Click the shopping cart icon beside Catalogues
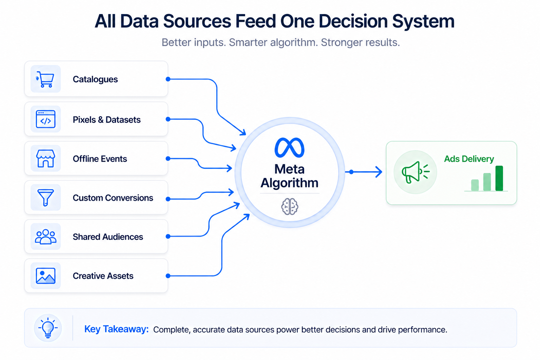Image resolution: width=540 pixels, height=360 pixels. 45,79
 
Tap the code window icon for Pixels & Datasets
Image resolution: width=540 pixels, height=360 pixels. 46,119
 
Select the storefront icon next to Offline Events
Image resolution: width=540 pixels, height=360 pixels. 46,159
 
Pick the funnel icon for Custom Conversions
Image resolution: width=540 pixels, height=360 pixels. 46,197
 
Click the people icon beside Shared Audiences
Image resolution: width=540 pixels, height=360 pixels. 46,237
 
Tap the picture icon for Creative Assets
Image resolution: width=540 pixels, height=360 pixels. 46,276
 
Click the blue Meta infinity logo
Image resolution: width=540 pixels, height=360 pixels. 289,148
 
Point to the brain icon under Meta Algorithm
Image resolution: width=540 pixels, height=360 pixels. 290,206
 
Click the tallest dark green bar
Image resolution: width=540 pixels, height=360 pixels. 499,178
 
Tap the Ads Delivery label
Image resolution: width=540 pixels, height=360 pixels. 469,159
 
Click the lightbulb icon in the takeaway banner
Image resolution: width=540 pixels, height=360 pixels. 48,328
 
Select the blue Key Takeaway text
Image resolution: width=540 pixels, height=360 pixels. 116,329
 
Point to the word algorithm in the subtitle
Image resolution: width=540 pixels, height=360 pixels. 293,43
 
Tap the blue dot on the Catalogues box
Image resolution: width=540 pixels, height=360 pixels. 168,79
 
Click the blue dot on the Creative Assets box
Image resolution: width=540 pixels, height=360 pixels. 168,276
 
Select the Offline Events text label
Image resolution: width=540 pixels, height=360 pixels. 100,159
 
